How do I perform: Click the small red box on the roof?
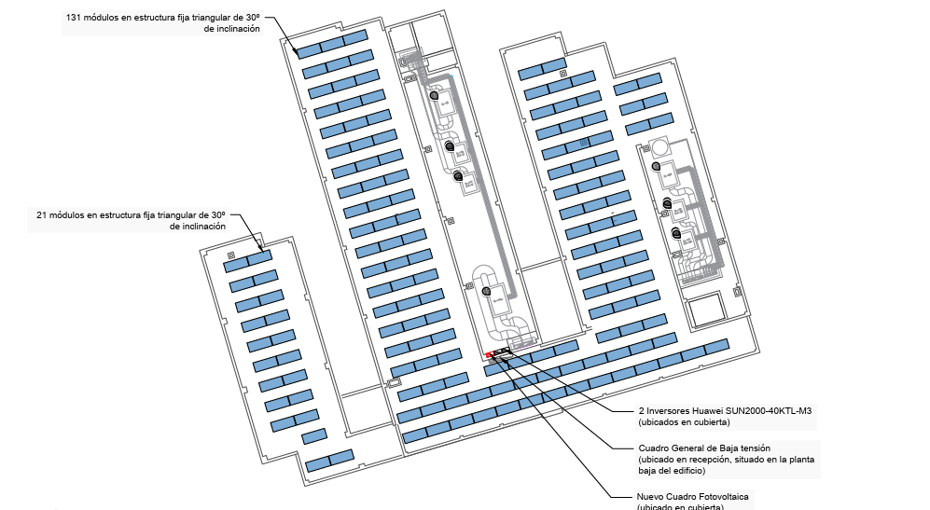tap(489, 356)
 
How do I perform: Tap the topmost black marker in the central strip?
tap(434, 95)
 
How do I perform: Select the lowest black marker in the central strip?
tap(486, 291)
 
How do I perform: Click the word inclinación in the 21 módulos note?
tap(197, 227)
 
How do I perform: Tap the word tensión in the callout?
tap(753, 448)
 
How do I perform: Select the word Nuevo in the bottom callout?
tap(653, 496)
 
